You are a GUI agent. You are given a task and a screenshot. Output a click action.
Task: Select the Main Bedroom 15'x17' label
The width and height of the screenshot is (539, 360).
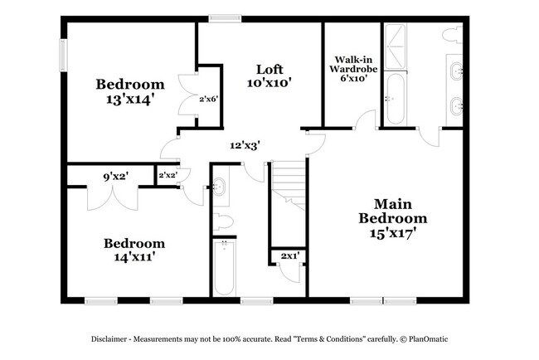tap(393, 218)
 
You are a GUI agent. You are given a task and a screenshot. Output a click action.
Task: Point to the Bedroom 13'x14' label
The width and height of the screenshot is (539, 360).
tap(130, 92)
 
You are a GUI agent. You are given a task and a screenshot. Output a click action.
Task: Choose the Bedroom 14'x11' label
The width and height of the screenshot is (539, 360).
tap(134, 251)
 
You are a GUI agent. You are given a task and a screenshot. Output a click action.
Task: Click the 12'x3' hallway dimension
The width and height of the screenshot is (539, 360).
tap(245, 145)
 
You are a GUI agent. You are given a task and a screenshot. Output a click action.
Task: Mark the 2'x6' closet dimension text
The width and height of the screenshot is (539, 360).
tap(208, 100)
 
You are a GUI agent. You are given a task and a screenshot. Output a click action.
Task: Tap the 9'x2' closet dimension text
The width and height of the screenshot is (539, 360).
tap(114, 175)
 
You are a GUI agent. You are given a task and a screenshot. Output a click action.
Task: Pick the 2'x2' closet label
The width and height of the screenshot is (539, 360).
tap(167, 175)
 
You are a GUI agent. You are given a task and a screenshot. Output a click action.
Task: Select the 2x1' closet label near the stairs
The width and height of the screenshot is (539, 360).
tap(289, 257)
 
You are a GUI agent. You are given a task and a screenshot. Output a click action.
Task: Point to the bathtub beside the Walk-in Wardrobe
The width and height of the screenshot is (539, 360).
tap(394, 97)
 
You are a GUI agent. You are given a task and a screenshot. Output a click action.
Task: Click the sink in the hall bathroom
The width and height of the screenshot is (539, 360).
tap(220, 187)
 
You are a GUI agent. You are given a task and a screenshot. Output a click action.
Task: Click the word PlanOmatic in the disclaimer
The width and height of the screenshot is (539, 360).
tap(424, 340)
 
